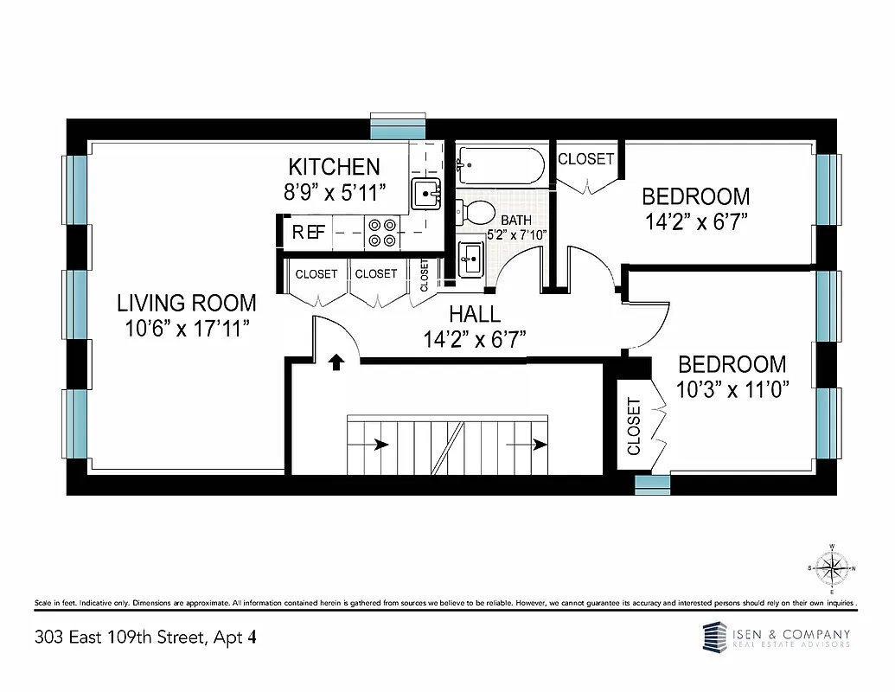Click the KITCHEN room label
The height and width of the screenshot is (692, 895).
pos(334,166)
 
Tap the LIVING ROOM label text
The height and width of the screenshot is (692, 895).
pos(187,303)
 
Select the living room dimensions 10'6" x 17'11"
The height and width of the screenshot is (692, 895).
pos(187,329)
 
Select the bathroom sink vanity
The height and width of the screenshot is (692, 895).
pos(470,258)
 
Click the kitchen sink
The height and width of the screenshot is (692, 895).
pos(425,194)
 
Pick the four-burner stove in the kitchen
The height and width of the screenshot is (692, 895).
pos(381,231)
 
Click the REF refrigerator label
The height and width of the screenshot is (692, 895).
pos(309,232)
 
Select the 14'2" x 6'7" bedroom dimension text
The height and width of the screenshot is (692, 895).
pos(695,221)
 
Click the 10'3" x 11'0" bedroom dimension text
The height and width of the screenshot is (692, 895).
pos(732,389)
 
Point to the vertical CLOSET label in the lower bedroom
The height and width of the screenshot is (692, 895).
pos(634,427)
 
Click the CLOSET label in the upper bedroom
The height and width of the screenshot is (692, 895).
pos(585,159)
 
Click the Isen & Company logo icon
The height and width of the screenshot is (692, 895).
pos(714,639)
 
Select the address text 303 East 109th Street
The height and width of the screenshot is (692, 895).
pos(120,638)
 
